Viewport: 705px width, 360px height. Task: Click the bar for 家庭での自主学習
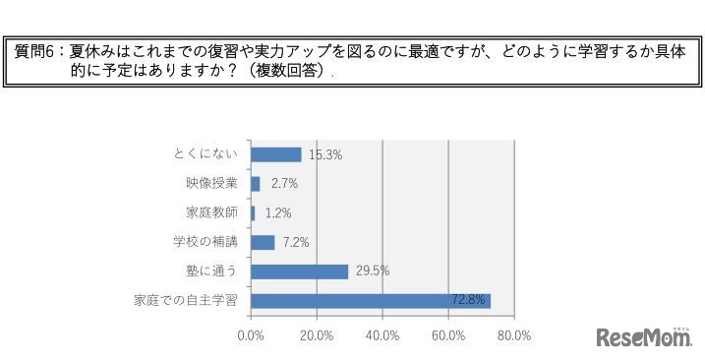(371, 301)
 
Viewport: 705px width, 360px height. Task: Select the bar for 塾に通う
(300, 271)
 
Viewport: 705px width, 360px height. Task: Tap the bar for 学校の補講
(263, 242)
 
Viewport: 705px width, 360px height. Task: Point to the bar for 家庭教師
(253, 212)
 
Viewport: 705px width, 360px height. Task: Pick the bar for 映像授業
(256, 183)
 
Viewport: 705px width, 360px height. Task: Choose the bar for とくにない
(276, 154)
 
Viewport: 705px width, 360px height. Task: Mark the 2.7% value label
(283, 183)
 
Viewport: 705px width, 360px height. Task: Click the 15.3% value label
(324, 154)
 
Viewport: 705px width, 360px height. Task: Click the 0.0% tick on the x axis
(252, 334)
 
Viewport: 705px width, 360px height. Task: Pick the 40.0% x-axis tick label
(382, 334)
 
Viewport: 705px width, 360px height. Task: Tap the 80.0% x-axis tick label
(514, 334)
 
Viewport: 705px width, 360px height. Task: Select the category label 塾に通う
(213, 271)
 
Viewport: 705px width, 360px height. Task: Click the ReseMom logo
(645, 337)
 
